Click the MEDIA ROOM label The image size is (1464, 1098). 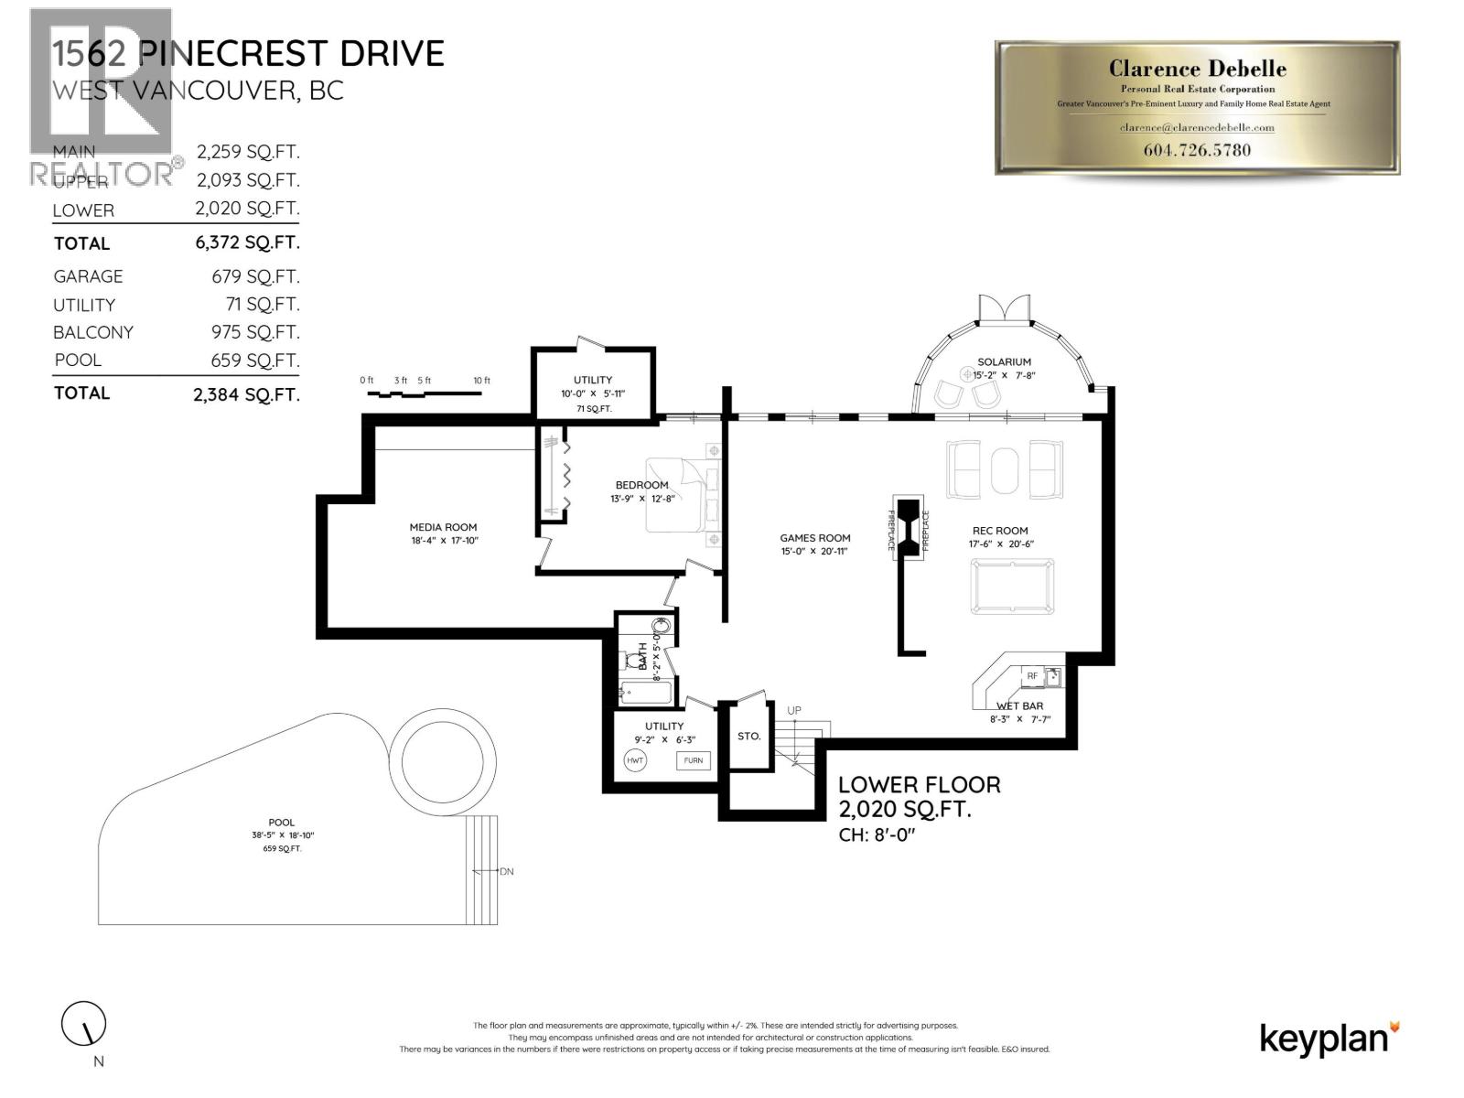[443, 527]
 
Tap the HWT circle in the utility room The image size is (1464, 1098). [635, 760]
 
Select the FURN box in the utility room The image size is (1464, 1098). [693, 760]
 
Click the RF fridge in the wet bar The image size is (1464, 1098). [1032, 676]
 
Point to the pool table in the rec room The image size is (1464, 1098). [1012, 587]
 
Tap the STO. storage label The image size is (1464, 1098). [748, 736]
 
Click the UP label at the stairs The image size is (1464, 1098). [794, 710]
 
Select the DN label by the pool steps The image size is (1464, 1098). [507, 871]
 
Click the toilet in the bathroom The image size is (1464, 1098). [633, 660]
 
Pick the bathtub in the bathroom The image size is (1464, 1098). [646, 693]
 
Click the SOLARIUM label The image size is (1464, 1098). [1004, 362]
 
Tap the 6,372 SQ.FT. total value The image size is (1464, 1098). [247, 242]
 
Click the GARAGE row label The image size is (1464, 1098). [88, 276]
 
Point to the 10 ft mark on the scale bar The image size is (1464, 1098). [481, 381]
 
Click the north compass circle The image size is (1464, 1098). [83, 1023]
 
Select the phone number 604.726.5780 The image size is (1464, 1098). [1197, 150]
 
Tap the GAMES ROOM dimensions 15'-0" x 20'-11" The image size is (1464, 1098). [814, 551]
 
